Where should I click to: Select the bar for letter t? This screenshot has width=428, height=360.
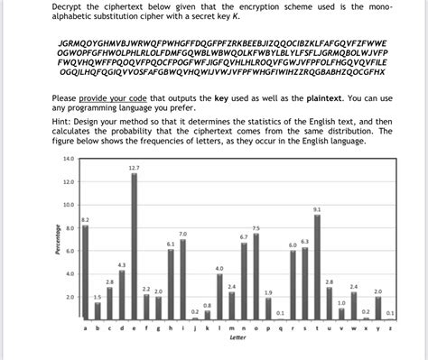[x=316, y=267]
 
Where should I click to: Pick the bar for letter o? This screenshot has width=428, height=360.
[x=256, y=277]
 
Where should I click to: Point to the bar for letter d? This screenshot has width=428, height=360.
[x=122, y=294]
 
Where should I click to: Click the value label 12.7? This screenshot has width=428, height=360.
[x=134, y=168]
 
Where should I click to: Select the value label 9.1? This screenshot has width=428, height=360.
[x=316, y=209]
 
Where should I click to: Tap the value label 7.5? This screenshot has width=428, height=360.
[x=256, y=227]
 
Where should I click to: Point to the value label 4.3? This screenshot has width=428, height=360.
[x=122, y=263]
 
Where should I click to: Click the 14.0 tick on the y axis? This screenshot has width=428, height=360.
[x=68, y=159]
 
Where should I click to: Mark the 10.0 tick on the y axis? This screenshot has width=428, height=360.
[x=68, y=205]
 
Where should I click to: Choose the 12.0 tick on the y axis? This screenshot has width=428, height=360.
[x=68, y=181]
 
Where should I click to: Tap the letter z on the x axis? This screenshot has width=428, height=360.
[x=389, y=330]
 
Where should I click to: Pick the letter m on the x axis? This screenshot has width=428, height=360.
[x=231, y=330]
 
